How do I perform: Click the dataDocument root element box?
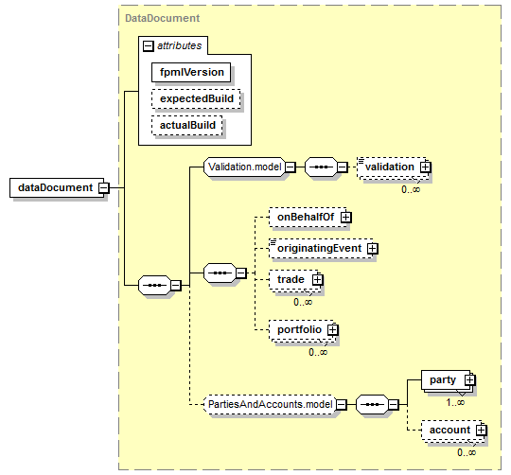pos(57,187)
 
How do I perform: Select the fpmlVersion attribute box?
pos(191,72)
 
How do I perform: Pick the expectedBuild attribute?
pos(196,98)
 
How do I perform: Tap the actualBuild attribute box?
pos(186,125)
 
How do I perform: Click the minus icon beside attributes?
pos(148,46)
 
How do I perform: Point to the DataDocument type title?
pos(162,18)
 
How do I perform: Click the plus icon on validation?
pos(425,167)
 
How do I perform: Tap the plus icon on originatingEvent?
pos(373,249)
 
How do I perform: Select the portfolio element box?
pos(301,329)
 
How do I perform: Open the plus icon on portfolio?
pos(332,330)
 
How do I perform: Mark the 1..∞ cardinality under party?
pos(455,403)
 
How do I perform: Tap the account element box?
pos(451,430)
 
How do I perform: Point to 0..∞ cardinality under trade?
pos(303,303)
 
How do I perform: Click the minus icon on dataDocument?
pos(104,188)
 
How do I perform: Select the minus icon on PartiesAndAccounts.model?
pos(342,405)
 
